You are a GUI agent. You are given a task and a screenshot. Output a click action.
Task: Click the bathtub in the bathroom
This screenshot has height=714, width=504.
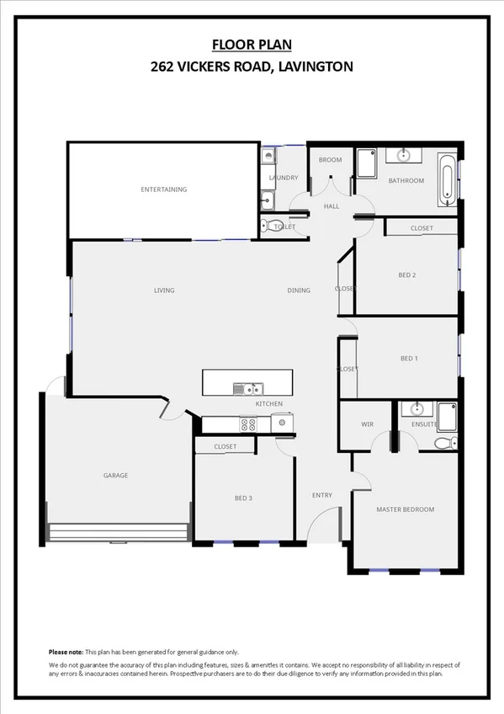point(448,178)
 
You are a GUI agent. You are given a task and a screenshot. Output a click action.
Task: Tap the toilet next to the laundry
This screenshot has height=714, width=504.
point(268,226)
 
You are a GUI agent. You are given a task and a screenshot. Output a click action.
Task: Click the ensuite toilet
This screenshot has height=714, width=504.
point(445,443)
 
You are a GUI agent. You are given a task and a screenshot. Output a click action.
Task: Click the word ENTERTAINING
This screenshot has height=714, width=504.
point(163,189)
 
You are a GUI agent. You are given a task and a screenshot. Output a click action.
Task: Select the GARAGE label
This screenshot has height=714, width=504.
point(115,476)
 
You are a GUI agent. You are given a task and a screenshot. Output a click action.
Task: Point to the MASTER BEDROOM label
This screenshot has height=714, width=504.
point(406,509)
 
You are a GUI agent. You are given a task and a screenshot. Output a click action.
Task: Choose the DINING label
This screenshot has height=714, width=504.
point(299,290)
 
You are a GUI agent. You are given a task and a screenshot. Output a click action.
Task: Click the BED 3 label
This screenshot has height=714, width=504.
point(243,498)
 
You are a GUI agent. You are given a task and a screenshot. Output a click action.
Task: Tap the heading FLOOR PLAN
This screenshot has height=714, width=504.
point(252,44)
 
